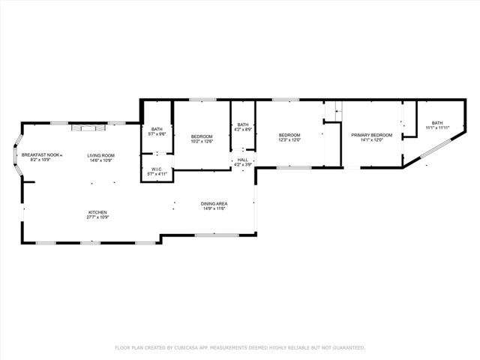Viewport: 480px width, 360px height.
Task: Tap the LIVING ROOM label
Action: coord(100,155)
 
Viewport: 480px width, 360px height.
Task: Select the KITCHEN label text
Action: coord(98,212)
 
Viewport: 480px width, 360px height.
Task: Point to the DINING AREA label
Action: coord(214,204)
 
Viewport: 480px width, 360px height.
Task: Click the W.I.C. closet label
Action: coord(157,169)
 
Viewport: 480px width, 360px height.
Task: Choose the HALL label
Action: coord(242,160)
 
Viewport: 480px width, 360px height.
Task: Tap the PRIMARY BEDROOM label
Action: coord(372,135)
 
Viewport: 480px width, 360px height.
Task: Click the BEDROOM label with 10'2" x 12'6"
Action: coord(202,136)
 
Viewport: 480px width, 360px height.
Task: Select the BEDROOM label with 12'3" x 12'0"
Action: coord(289,135)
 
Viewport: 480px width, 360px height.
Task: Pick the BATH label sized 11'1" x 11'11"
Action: coord(437,123)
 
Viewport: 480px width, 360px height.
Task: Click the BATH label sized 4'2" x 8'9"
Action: coord(243,125)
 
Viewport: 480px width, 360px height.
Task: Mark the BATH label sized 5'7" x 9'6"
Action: coord(157,129)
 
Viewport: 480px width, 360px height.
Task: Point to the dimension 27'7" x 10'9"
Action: coord(98,217)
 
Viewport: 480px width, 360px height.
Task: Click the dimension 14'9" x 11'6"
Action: coord(214,208)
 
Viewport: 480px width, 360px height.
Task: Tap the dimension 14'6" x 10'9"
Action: coord(100,160)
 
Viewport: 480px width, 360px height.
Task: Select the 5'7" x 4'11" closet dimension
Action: coord(157,174)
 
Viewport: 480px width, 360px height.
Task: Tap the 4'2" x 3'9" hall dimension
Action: coord(242,164)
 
